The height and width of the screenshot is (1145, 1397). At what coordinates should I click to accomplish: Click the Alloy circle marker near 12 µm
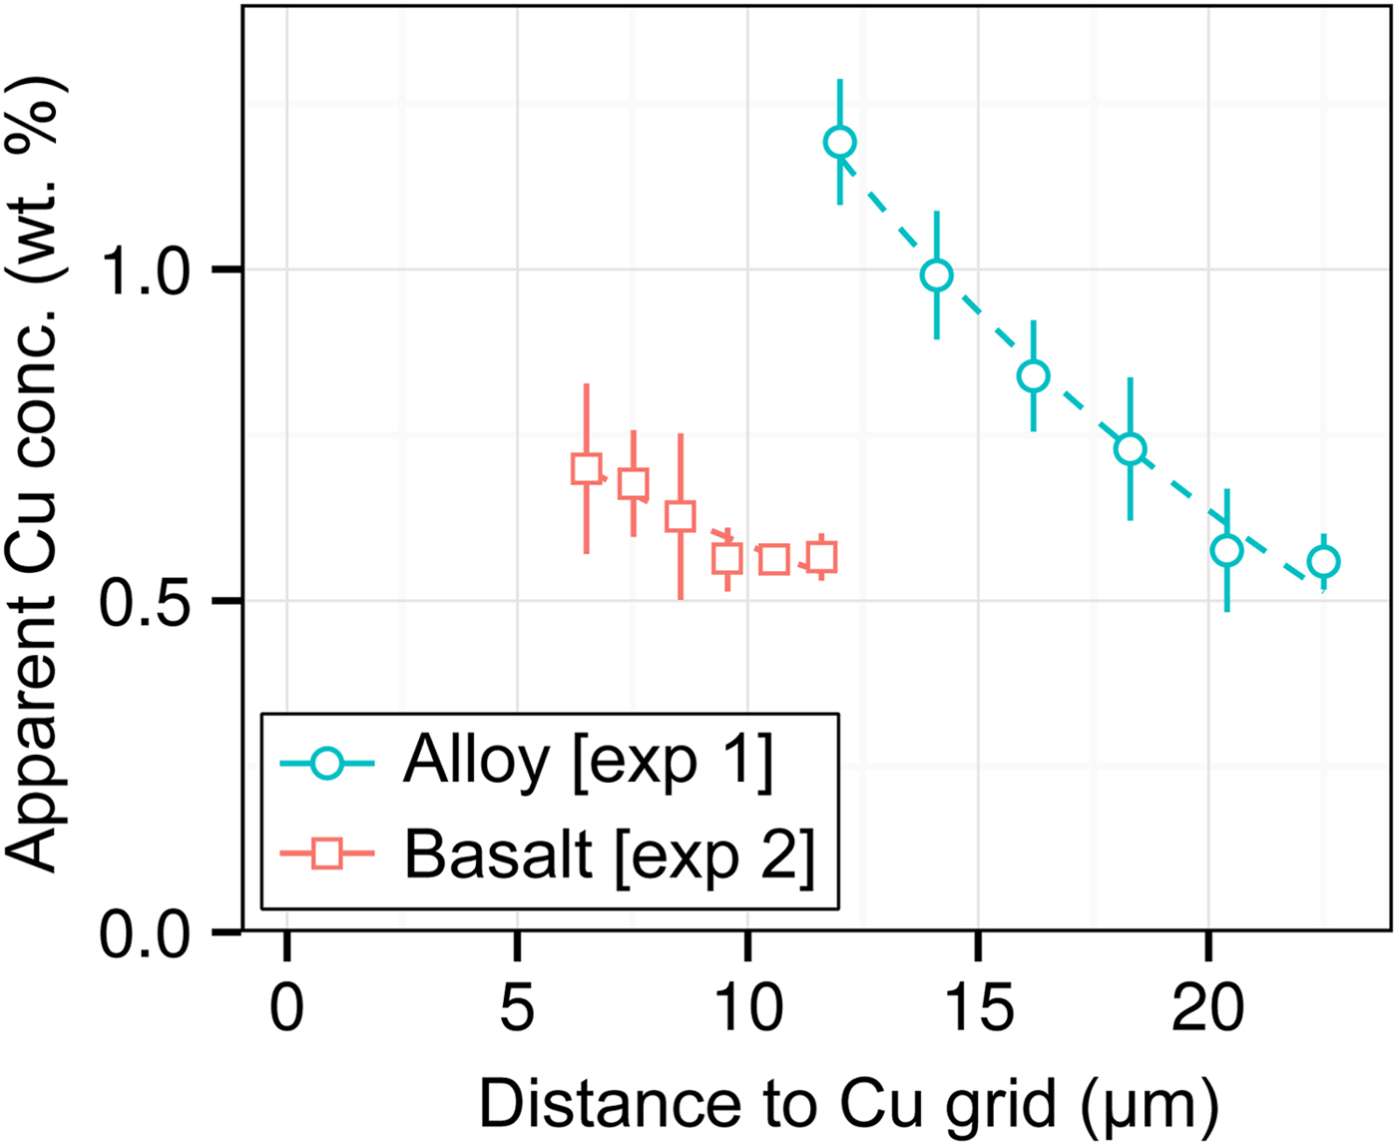(x=839, y=143)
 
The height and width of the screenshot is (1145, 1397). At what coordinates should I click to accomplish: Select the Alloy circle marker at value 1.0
(x=936, y=275)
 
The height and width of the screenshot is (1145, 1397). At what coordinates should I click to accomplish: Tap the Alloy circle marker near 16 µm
(x=1033, y=376)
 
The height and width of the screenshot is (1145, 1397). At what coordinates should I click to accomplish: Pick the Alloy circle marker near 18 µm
(x=1130, y=449)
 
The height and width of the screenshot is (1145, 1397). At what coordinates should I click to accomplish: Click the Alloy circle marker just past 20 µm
(x=1226, y=550)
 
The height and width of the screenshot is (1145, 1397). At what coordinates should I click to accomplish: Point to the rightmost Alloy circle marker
(x=1323, y=562)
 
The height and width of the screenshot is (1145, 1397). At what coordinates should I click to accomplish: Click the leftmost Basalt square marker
(x=586, y=468)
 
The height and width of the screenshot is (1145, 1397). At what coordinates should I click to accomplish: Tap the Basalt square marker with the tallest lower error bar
(x=680, y=516)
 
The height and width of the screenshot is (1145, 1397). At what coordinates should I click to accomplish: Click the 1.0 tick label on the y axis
(x=146, y=270)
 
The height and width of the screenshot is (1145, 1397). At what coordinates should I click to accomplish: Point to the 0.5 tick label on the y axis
(x=146, y=601)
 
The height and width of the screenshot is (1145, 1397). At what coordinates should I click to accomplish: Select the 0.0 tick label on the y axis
(x=146, y=933)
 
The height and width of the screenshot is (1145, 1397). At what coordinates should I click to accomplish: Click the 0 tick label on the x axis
(x=286, y=1009)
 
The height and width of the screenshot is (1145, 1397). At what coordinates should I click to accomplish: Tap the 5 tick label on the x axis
(x=517, y=1009)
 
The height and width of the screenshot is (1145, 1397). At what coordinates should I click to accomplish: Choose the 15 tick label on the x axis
(x=977, y=1009)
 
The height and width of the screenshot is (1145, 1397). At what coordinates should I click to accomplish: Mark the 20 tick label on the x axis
(x=1207, y=1009)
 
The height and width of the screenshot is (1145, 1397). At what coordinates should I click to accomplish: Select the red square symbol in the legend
(x=326, y=855)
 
